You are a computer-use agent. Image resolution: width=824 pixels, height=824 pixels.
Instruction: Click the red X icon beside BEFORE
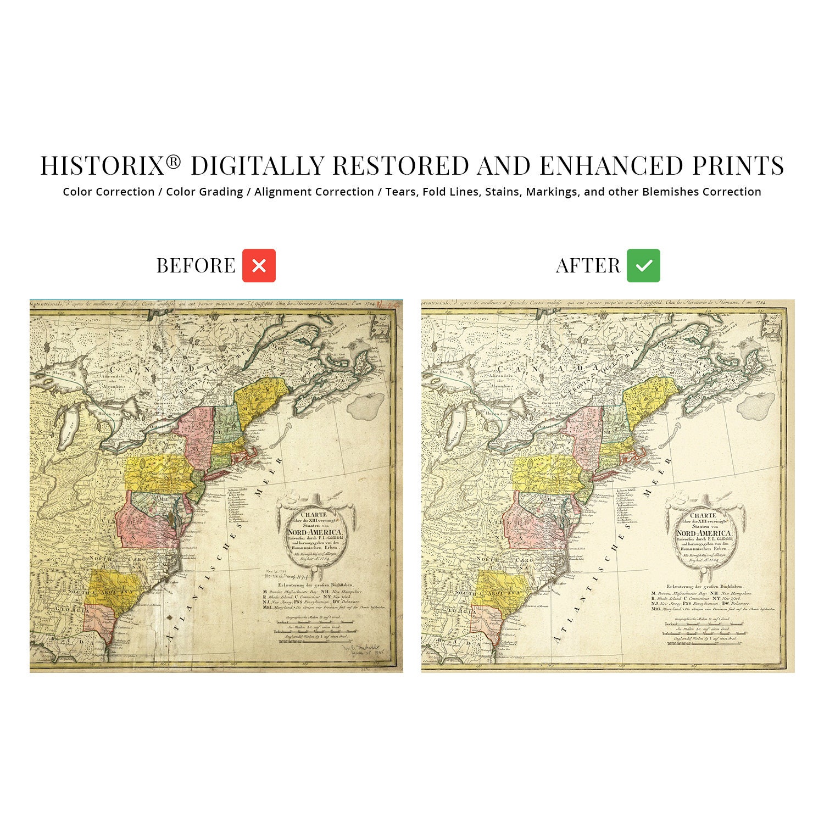coord(259,266)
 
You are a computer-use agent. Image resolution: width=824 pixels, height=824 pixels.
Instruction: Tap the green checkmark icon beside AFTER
coord(643,266)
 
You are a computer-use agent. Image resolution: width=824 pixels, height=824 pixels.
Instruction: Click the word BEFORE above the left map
coord(196,266)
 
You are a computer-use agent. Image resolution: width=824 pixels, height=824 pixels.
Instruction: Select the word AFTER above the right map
coord(588,266)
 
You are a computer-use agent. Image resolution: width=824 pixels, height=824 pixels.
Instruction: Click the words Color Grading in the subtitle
coord(204,192)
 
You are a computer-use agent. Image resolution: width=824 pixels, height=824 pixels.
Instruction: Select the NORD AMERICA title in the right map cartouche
coord(704,533)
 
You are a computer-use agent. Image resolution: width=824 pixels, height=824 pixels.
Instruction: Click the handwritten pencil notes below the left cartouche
coord(294,575)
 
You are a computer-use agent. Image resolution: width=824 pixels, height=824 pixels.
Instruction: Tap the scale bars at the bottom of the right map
coord(706,629)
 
